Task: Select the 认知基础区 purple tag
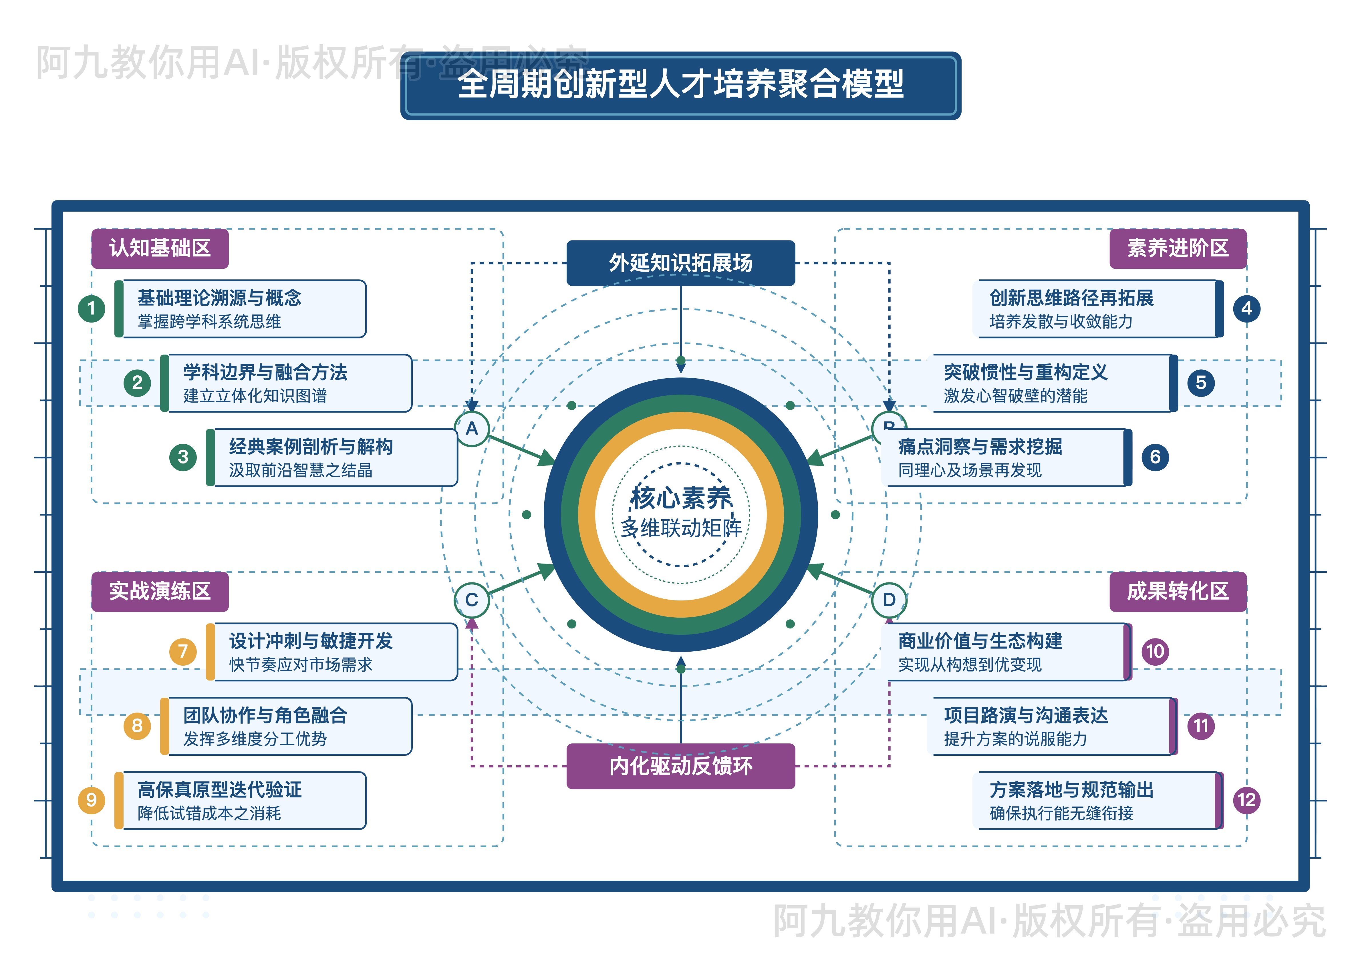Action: click(160, 248)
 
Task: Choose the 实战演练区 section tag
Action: click(160, 591)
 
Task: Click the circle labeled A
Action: click(472, 428)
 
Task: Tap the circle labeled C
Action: click(472, 600)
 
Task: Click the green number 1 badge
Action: click(91, 308)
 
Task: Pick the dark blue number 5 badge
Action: click(1201, 383)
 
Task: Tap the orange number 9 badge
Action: click(91, 800)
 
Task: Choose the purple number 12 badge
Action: click(1246, 800)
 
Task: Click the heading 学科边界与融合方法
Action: click(265, 372)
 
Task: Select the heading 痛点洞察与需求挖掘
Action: click(980, 447)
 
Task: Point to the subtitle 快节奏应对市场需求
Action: click(301, 665)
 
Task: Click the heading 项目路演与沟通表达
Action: click(1026, 716)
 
